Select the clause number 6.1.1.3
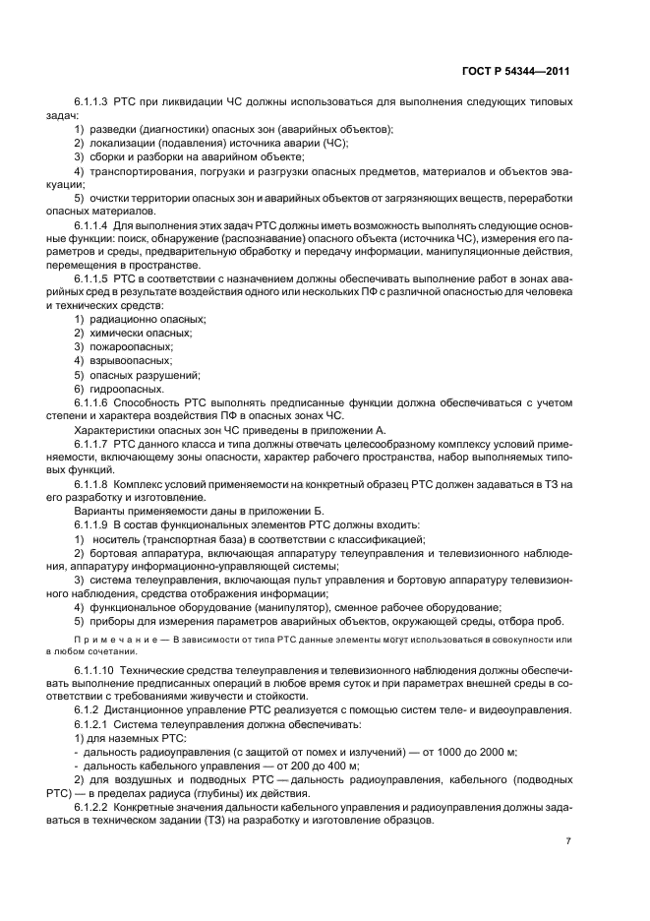click(92, 102)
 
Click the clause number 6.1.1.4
click(92, 226)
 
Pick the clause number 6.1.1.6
click(92, 402)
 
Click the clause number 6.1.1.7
click(92, 445)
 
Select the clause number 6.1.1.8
click(92, 485)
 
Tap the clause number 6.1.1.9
click(92, 525)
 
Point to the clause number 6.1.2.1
click(92, 723)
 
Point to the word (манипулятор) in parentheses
click(262, 607)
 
